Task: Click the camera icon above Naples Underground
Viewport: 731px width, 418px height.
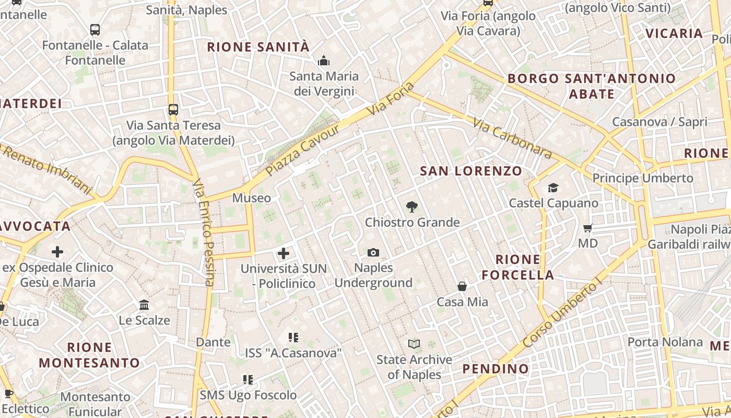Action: coord(373,253)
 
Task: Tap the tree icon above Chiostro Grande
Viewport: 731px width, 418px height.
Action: coord(412,207)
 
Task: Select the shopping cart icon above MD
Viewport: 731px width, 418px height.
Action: coord(588,228)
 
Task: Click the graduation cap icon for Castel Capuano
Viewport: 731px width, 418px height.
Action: coord(553,188)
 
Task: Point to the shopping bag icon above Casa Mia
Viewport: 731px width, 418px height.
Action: coord(462,286)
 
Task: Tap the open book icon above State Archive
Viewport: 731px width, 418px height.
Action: coord(414,344)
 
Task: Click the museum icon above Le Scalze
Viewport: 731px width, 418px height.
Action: coord(144,305)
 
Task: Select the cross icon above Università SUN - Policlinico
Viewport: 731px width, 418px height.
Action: coord(284,254)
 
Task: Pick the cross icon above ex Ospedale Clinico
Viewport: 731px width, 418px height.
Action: coord(57,252)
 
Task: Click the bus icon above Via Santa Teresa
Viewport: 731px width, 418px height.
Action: coord(173,110)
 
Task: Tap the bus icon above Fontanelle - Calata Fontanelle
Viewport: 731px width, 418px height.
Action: coord(95,30)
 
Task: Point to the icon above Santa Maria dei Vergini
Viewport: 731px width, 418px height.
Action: coord(324,61)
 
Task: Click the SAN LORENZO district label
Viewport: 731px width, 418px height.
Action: coord(471,171)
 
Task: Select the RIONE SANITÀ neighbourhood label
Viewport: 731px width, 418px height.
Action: coord(258,47)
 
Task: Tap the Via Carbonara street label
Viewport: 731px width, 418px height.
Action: coord(512,138)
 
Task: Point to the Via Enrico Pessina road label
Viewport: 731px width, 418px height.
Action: coord(204,233)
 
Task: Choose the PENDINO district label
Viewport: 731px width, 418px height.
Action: coord(496,369)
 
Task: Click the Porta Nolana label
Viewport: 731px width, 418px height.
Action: coord(665,342)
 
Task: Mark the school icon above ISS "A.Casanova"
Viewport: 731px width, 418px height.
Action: coord(293,338)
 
